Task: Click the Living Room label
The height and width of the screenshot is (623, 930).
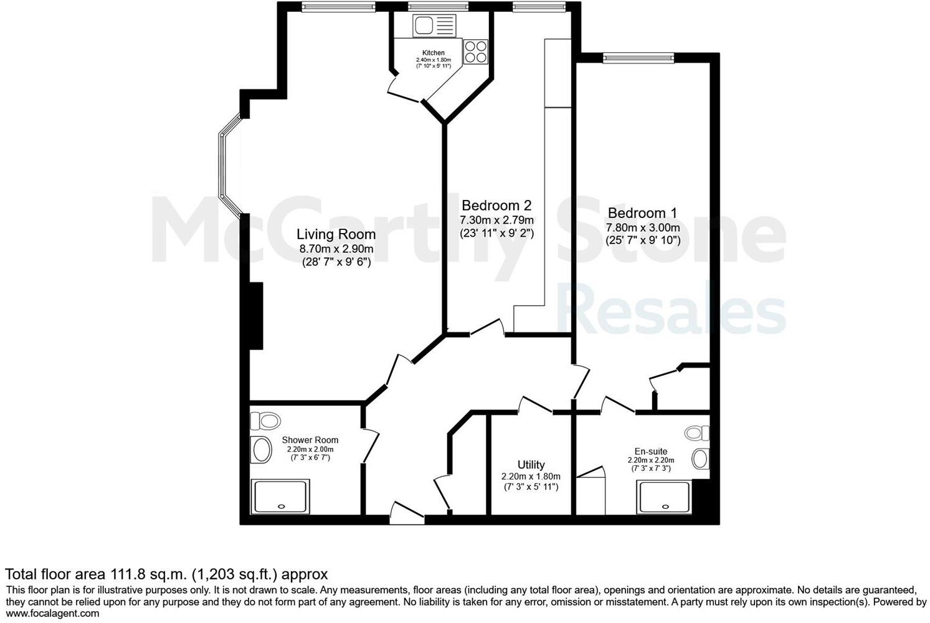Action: point(336,234)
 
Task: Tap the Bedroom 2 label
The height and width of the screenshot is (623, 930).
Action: point(496,206)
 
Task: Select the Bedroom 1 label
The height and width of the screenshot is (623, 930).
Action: point(642,213)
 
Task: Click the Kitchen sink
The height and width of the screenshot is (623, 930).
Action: point(425,26)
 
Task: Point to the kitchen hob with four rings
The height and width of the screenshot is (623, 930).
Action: point(475,51)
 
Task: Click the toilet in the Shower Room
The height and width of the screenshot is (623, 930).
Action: point(265,421)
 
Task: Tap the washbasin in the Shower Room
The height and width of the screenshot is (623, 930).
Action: point(261,449)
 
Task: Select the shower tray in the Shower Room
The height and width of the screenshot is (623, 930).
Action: point(280,497)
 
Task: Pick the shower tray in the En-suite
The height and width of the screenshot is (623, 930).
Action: point(663,498)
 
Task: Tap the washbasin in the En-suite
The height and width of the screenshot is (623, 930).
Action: point(701,459)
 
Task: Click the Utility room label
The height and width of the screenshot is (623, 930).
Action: point(531,465)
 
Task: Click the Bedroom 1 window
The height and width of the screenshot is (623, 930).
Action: point(638,58)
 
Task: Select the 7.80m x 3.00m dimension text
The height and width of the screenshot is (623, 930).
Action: point(642,228)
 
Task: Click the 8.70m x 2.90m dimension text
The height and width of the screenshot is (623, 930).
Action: point(336,249)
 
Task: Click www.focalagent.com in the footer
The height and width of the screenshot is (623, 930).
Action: point(52,614)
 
